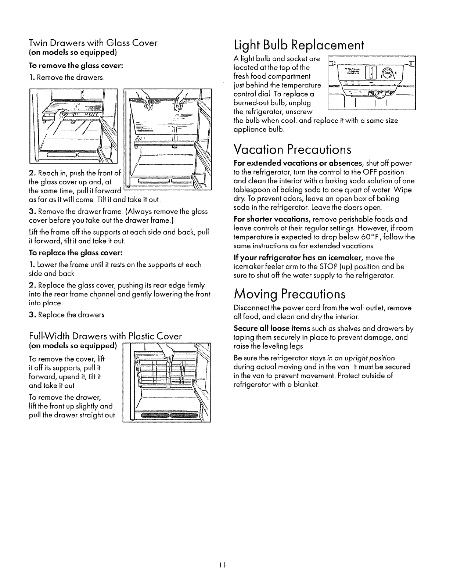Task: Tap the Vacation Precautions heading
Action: (292, 150)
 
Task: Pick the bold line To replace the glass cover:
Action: (75, 253)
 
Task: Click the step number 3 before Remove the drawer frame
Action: (31, 212)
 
